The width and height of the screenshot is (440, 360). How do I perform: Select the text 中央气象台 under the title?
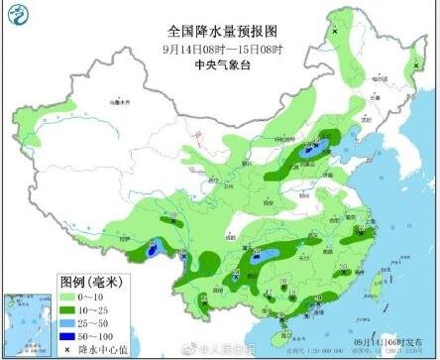point(219,61)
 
